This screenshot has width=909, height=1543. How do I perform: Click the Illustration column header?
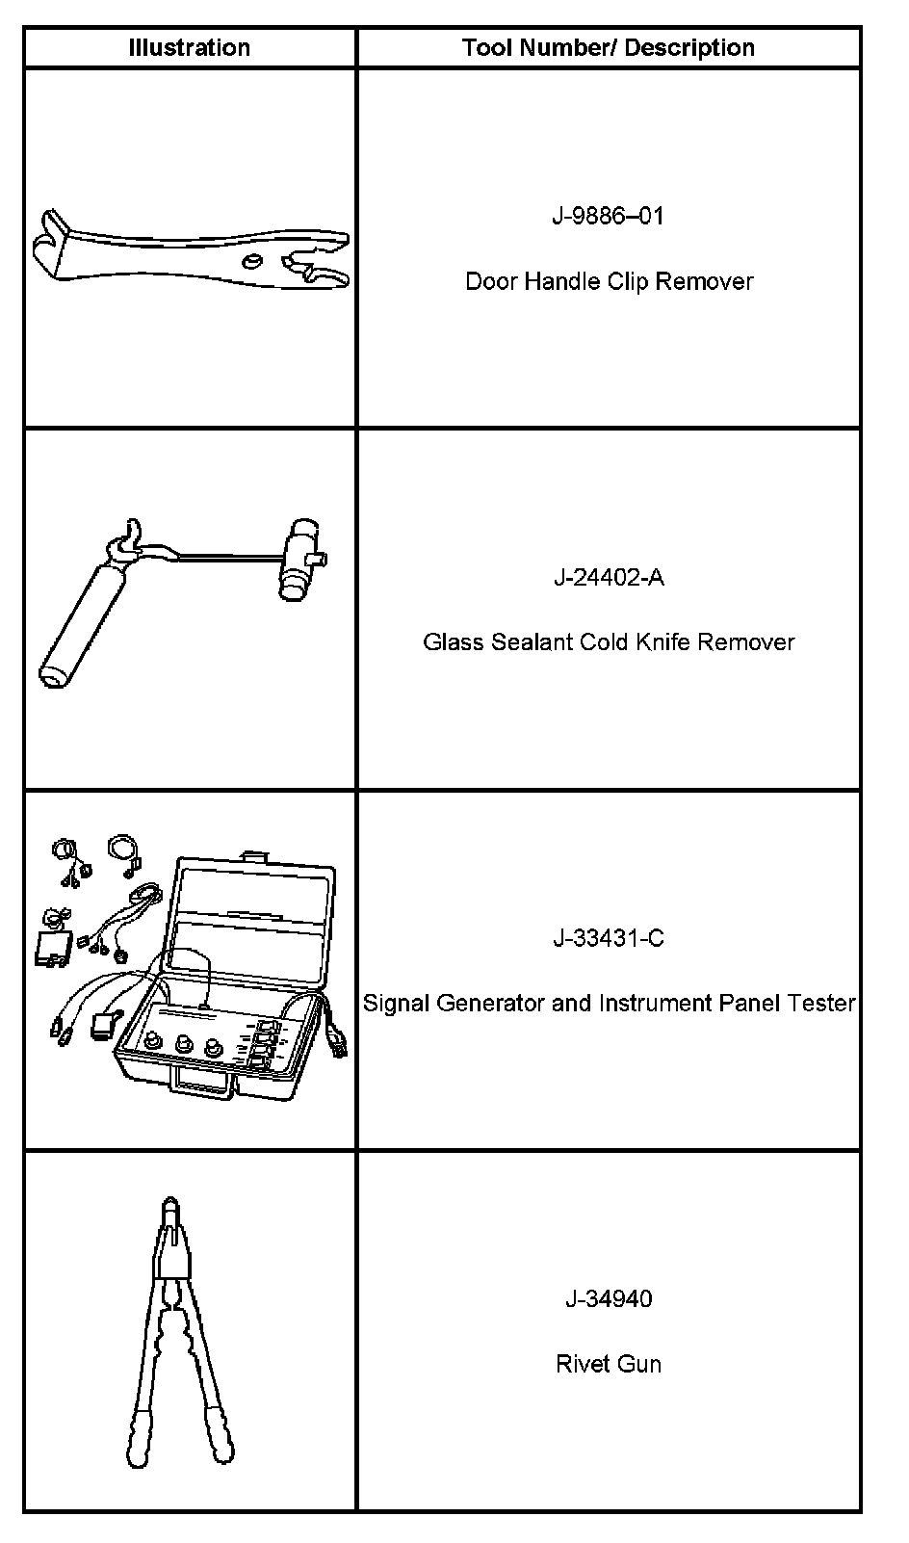click(x=190, y=47)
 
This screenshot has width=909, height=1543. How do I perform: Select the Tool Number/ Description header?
click(x=608, y=47)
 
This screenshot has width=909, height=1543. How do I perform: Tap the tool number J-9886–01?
click(x=608, y=216)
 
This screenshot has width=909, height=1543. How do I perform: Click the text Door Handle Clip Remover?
click(x=609, y=281)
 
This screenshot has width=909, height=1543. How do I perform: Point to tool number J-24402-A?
click(x=608, y=577)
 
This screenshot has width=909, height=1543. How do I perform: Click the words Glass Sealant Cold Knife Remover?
click(x=609, y=641)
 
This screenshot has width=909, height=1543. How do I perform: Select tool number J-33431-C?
click(x=608, y=937)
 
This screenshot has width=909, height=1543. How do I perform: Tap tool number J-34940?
click(x=608, y=1298)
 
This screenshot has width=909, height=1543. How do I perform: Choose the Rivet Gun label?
click(x=609, y=1364)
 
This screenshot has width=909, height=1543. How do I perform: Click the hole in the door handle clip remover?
click(x=252, y=261)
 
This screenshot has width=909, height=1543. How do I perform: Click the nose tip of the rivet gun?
click(x=169, y=1205)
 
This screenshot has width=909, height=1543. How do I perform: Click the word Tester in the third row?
click(x=821, y=1003)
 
